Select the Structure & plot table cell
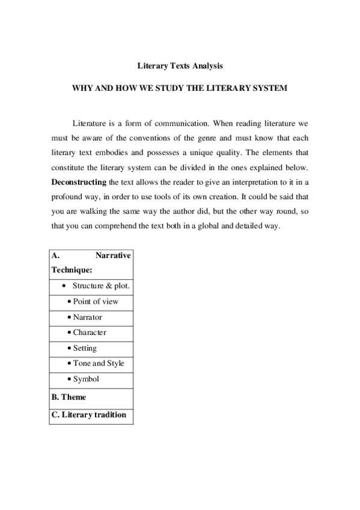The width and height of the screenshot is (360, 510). (101, 286)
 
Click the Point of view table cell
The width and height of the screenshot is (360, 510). (95, 301)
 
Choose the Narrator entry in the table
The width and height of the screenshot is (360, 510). (87, 317)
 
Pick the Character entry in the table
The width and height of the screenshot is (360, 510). (89, 333)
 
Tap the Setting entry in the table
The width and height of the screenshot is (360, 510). (84, 348)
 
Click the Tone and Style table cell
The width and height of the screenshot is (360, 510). (98, 364)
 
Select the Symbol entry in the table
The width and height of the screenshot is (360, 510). (85, 379)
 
